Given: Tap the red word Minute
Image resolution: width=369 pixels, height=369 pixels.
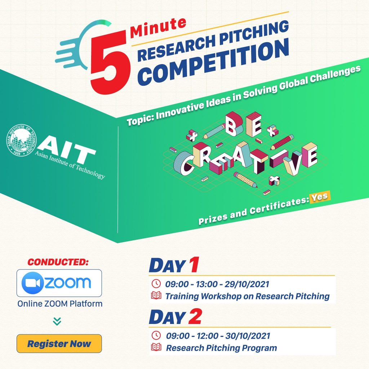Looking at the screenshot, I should [x=158, y=28].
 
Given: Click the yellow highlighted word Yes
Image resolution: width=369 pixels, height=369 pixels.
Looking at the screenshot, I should [x=320, y=197].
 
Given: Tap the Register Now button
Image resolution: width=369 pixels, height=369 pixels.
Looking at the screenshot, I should [x=59, y=343].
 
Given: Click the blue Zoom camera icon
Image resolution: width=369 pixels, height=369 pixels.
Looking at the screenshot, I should [x=33, y=283].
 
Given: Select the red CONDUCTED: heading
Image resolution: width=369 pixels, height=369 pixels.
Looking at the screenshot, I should [x=58, y=262].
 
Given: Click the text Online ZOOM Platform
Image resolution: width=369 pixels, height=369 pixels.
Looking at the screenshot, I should [x=60, y=304].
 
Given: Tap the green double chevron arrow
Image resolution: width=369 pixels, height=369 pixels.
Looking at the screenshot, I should [x=57, y=321].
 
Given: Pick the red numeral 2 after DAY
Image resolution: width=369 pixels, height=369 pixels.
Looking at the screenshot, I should [x=195, y=317].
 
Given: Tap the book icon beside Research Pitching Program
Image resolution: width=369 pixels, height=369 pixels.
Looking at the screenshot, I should [x=156, y=348].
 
